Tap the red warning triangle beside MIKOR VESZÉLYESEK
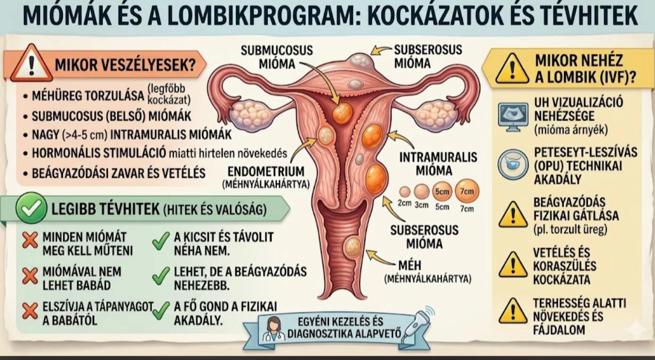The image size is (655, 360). pos(31,63)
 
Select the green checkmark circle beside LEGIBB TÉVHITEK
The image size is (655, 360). pos(31,208)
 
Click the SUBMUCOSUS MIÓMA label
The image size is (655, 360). pos(276,57)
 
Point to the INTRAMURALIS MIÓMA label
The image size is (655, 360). pos(438,163)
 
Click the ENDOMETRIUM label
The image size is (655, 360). pos(266,171)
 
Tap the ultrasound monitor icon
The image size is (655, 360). pos(513,117)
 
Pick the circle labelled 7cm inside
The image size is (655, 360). pos(467,191)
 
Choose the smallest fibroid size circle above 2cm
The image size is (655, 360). pos(405,192)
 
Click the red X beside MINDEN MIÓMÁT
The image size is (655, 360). pos(30,240)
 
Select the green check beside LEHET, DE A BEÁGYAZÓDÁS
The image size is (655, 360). pos(160,275)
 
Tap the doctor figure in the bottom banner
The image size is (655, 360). pos(273,329)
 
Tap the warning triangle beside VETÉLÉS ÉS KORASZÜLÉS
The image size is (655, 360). pos(513,264)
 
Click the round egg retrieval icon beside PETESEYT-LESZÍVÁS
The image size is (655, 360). pos(513,165)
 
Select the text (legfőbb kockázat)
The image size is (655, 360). pos(169,94)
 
